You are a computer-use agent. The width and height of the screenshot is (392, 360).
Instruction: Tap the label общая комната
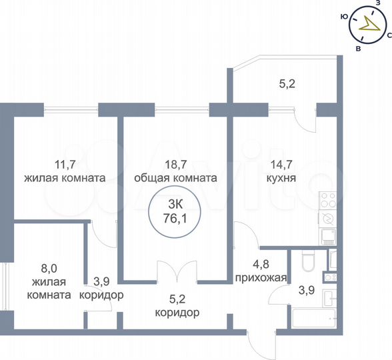point(175,178)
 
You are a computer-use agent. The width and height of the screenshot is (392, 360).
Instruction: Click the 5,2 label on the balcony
point(287,84)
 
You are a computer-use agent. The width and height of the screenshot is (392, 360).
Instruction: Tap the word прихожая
point(260,278)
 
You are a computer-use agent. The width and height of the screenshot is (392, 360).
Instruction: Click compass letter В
point(359,49)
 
